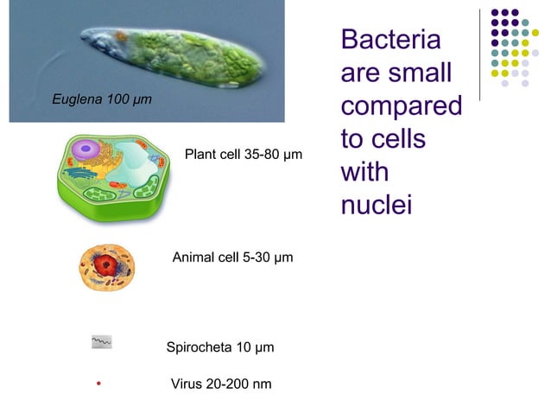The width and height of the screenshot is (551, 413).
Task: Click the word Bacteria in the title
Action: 390,40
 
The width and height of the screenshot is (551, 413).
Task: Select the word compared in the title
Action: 401,107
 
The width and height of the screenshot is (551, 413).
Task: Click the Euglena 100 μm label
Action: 102,99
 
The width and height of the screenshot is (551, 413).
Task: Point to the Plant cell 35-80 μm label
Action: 244,156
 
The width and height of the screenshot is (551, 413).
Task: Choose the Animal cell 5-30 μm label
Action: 232,257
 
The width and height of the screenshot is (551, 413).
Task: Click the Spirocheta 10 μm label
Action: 219,347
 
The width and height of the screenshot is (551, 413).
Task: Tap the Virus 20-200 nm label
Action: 221,383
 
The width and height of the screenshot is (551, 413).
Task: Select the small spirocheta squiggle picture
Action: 102,342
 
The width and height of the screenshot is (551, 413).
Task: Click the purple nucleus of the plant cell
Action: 85,153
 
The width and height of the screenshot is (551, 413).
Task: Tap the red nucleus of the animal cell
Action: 106,264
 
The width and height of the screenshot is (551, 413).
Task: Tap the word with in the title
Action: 364,172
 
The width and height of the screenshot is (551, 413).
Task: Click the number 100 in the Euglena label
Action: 118,99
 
